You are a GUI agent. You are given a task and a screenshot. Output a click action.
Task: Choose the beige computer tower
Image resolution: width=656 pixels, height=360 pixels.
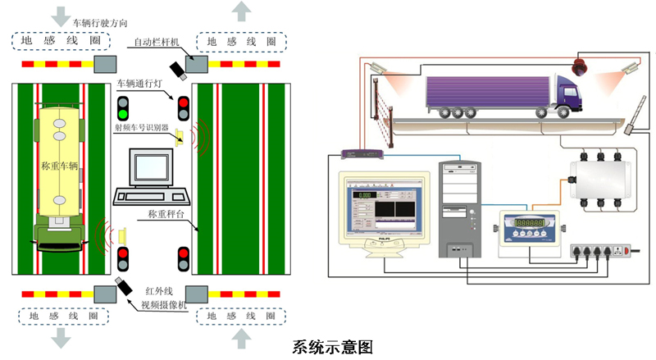461,209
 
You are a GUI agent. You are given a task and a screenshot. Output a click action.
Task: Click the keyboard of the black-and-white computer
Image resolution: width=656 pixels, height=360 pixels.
152,196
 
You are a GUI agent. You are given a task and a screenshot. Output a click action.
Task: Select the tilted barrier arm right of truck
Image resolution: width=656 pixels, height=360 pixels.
636,113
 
